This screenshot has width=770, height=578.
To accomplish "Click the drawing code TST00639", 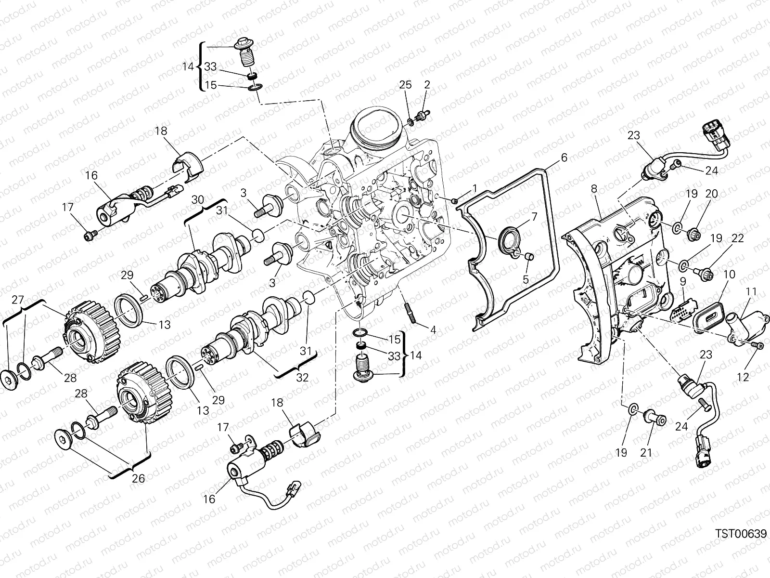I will point(740,533).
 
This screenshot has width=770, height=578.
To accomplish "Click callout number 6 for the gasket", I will point(564,158).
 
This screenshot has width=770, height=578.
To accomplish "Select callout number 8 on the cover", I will point(594,189).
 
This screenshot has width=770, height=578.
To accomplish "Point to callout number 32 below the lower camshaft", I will point(302,377).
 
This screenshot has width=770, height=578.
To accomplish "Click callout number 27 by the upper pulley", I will point(17,300).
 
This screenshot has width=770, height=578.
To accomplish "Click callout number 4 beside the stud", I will point(433,330).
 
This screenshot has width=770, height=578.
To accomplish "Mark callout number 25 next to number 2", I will point(406,85).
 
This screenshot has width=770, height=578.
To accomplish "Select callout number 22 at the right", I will point(738,238).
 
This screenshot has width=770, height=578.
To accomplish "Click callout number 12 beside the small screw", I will point(743,377).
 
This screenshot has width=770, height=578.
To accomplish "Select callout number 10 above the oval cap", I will point(729,275).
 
